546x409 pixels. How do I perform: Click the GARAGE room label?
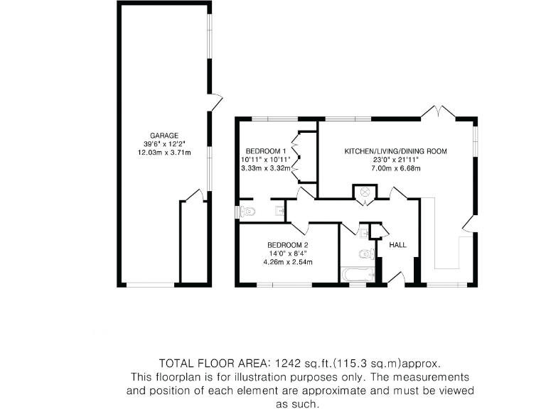164,135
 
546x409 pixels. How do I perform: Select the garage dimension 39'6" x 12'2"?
164,143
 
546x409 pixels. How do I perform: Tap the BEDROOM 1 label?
265,151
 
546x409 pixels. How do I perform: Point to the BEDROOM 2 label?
287,245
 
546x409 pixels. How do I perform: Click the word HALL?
397,245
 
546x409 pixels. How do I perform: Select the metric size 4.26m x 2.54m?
287,262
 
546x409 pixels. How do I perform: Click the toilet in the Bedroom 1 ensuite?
247,211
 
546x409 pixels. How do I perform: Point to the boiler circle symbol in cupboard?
366,191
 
